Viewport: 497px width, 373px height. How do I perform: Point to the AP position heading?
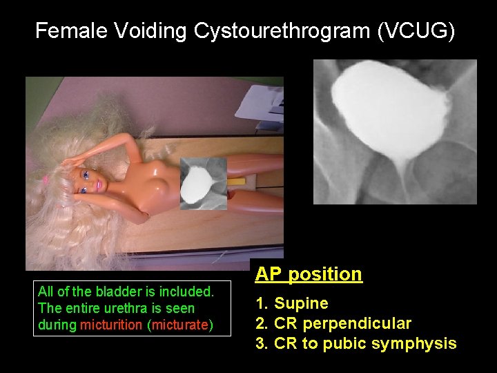pos(309,274)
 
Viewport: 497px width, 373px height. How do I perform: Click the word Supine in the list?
pos(302,303)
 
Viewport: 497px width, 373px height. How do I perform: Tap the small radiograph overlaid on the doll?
pos(202,183)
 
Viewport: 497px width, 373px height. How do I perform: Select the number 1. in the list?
pos(262,303)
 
